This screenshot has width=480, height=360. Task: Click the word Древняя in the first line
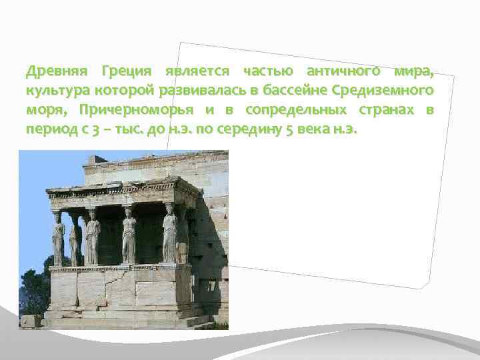coord(53,71)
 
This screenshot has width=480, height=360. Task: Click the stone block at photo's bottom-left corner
coord(29,321)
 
